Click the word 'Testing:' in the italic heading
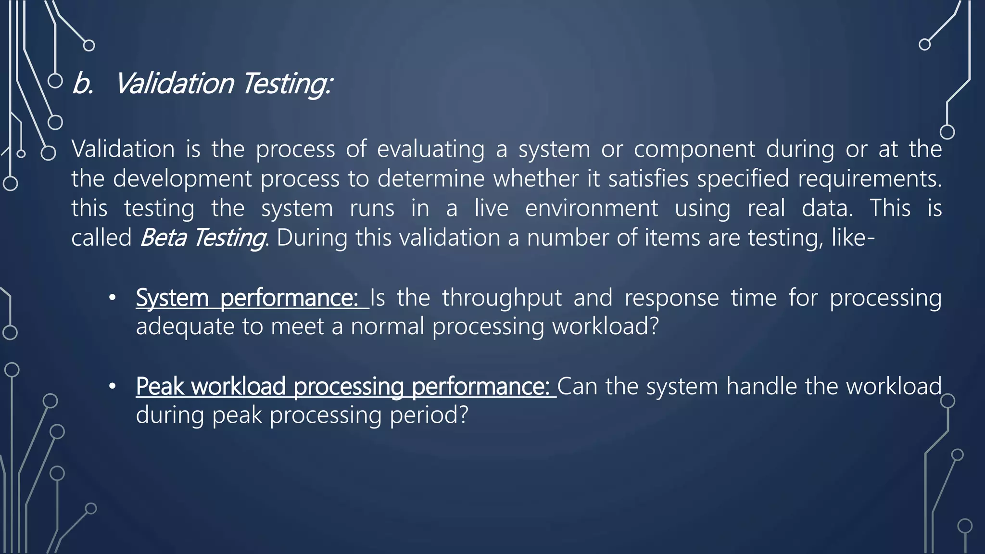coord(287,84)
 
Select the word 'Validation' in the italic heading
coord(174,84)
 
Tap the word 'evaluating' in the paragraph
coord(430,149)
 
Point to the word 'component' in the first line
coord(694,149)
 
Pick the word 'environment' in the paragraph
coord(591,209)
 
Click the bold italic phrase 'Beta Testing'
coord(202,238)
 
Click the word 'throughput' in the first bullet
coord(502,298)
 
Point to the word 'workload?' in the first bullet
coord(605,327)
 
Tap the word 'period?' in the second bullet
coord(429,415)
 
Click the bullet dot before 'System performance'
coord(112,298)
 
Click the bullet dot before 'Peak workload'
coord(112,387)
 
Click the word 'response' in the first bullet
coord(671,298)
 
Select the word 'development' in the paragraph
coord(182,179)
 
